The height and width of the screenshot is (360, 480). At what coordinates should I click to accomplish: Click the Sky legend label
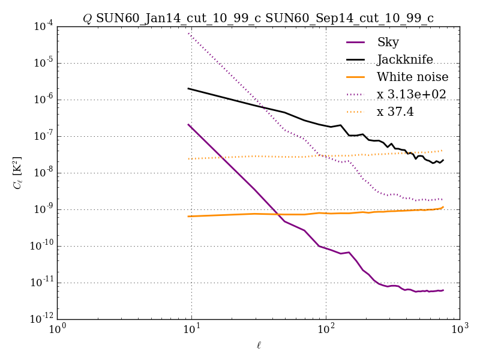tap(388, 42)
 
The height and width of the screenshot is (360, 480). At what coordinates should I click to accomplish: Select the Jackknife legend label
tap(404, 59)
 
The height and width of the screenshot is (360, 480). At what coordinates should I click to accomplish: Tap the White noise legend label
tap(412, 77)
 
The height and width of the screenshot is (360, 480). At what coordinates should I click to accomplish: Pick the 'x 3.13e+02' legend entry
tap(411, 94)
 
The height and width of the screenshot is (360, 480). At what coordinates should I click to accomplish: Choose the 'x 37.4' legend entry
tap(395, 112)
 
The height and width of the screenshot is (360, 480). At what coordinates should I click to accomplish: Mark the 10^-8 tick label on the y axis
tap(41, 173)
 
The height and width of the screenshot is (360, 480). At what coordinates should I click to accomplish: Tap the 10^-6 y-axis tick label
tap(41, 100)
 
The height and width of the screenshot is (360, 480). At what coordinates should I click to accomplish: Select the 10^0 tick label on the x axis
tap(58, 329)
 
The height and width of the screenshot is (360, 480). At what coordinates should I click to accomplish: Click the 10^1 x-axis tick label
tap(191, 329)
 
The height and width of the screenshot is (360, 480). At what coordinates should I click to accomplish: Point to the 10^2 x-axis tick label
tap(326, 329)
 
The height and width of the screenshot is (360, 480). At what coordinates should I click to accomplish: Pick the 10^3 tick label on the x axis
tap(460, 329)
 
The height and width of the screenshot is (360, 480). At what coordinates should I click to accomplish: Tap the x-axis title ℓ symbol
tap(258, 345)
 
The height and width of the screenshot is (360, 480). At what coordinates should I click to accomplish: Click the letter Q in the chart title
tap(88, 19)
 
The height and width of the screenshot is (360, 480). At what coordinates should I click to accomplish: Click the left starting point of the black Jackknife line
tap(188, 88)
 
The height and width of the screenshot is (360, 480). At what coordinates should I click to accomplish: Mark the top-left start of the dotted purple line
tap(188, 33)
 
